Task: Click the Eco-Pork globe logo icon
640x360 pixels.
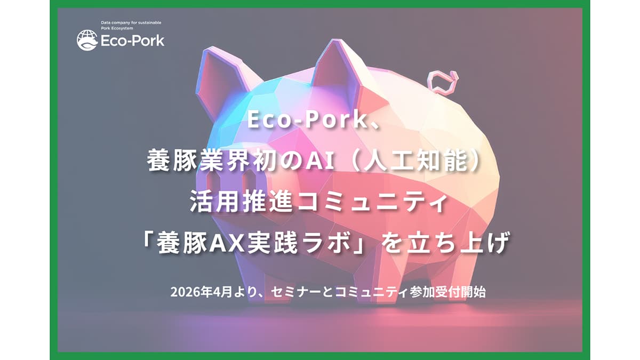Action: (x=87, y=40)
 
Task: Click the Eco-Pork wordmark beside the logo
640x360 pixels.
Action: (x=132, y=41)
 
